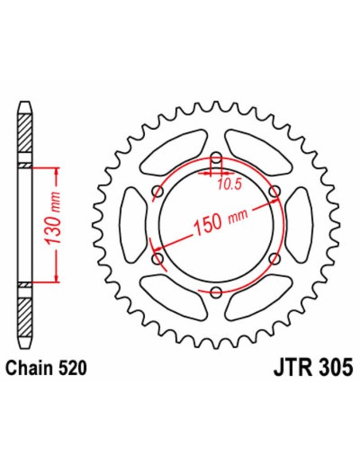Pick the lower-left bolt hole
pos(157,259)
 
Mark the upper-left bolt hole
pos(157,191)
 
